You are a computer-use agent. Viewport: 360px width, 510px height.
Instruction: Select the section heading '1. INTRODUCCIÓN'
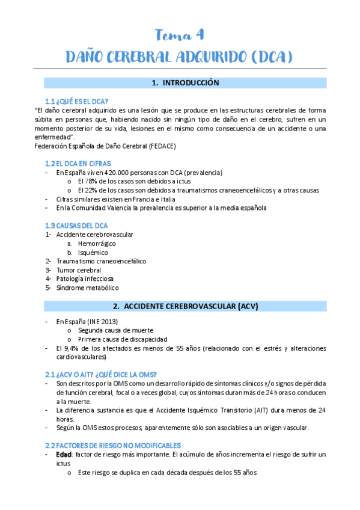coord(185,83)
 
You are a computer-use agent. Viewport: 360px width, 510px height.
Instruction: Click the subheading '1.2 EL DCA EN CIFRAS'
coord(78,164)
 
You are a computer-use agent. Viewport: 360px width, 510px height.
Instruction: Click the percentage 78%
coord(94,182)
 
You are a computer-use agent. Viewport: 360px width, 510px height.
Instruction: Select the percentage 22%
coord(94,191)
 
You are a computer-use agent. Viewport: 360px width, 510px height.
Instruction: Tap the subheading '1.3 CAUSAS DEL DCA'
coord(76,226)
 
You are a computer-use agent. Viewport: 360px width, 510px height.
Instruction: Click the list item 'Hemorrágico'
coord(97,244)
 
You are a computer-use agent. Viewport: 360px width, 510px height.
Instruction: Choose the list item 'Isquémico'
coord(93,253)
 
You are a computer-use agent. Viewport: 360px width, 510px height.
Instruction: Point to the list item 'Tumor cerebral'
coord(79,270)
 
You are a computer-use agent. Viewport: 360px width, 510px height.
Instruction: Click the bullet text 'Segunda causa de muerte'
coord(115,330)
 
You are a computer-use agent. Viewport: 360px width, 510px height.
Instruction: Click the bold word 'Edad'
coord(63,455)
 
